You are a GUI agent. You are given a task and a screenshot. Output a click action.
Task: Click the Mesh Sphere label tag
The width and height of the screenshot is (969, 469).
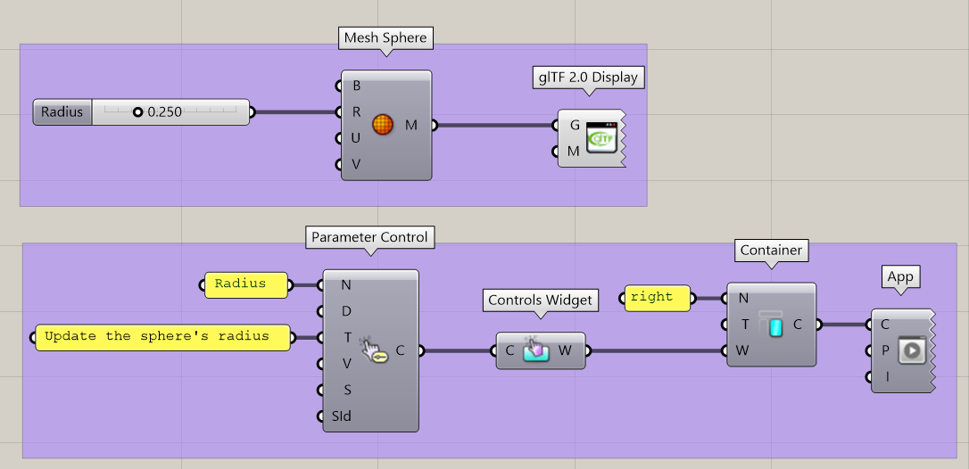pyautogui.click(x=385, y=38)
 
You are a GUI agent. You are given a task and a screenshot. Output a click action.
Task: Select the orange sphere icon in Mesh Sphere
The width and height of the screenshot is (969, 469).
pyautogui.click(x=382, y=126)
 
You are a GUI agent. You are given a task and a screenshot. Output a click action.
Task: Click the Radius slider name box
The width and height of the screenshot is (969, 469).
pyautogui.click(x=62, y=112)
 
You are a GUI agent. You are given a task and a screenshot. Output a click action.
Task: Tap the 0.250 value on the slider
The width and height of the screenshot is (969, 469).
pyautogui.click(x=164, y=112)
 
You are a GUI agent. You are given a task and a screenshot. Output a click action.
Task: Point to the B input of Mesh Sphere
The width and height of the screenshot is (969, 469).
pyautogui.click(x=356, y=86)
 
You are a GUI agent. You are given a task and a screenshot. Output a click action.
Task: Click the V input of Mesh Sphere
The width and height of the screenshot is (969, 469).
pyautogui.click(x=356, y=164)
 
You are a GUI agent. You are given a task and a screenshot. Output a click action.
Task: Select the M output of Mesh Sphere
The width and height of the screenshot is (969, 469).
pyautogui.click(x=411, y=126)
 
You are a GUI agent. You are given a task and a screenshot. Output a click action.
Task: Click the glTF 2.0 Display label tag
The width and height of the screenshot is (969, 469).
pyautogui.click(x=587, y=77)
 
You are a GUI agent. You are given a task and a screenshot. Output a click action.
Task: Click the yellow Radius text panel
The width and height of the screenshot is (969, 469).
pyautogui.click(x=244, y=284)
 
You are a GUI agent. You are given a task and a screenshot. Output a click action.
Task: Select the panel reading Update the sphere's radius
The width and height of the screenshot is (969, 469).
pyautogui.click(x=161, y=337)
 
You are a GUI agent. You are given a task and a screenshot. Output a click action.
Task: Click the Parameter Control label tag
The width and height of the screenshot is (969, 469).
pyautogui.click(x=369, y=237)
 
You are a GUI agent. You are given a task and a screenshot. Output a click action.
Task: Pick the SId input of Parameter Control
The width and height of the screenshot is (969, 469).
pyautogui.click(x=341, y=416)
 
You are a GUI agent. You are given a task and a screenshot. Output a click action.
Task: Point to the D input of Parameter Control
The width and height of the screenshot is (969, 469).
pyautogui.click(x=346, y=311)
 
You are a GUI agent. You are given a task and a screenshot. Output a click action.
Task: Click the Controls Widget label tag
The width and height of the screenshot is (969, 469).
pyautogui.click(x=540, y=300)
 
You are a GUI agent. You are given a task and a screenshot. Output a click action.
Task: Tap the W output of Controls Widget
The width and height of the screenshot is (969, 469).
pyautogui.click(x=566, y=350)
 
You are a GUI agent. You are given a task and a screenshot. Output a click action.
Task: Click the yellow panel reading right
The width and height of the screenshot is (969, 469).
pyautogui.click(x=656, y=298)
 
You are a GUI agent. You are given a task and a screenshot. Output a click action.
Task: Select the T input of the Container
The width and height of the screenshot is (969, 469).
pyautogui.click(x=743, y=325)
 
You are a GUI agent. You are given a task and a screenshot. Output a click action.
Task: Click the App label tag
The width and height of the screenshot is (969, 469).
pyautogui.click(x=899, y=276)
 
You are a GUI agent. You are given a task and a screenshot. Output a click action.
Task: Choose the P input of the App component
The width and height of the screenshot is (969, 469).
pyautogui.click(x=884, y=351)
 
